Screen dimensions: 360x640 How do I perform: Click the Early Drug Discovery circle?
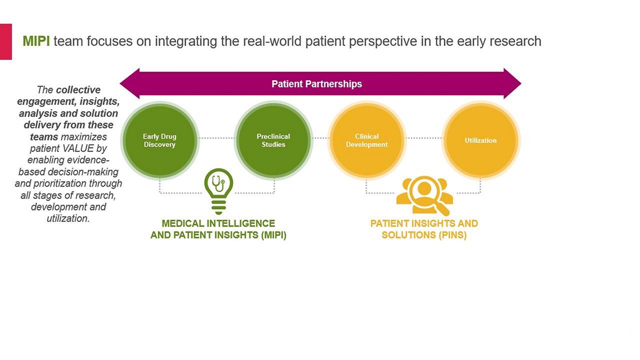coord(159,140)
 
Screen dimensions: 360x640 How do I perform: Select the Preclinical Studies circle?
coord(273,140)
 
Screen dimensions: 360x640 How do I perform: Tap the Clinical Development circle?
coord(366,140)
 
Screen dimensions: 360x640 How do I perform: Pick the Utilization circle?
coord(480,140)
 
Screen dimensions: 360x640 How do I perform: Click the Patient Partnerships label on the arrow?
coord(316,84)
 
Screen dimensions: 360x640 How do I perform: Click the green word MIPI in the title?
coord(36,41)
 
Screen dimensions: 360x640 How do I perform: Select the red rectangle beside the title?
coord(5,41)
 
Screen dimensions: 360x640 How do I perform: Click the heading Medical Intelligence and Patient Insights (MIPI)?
coord(218,229)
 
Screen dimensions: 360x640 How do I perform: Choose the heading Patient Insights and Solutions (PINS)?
coord(424,229)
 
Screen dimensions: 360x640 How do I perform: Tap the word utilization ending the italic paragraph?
coord(68,218)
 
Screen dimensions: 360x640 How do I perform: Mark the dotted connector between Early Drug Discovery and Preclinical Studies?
coord(216,138)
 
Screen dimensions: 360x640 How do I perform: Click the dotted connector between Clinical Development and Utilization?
coord(423,138)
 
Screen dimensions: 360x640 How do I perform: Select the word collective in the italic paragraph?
coord(78,90)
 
